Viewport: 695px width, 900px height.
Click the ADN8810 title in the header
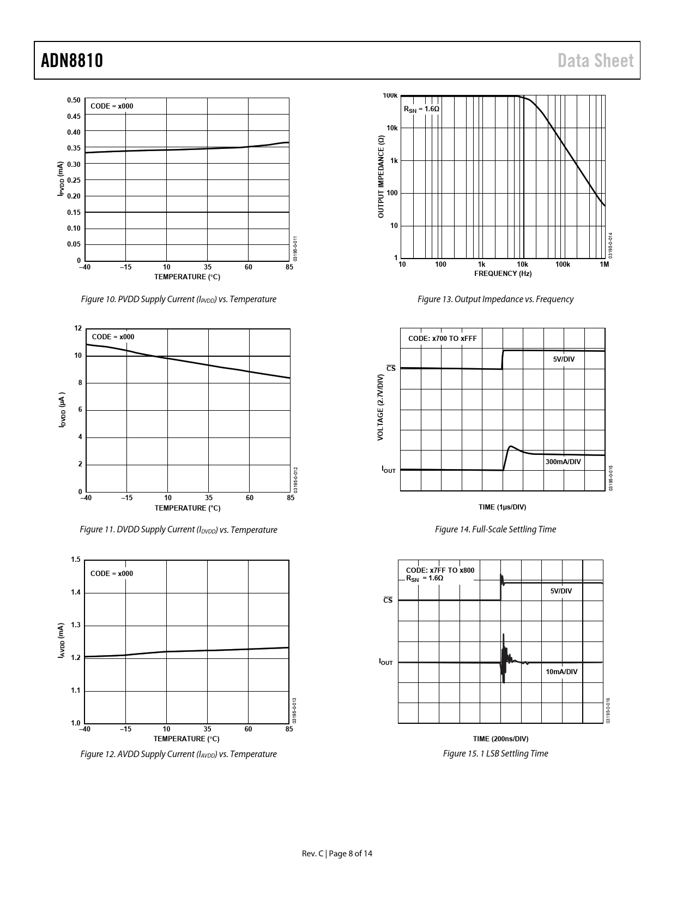pyautogui.click(x=72, y=61)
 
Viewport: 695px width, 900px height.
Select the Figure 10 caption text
pyautogui.click(x=178, y=299)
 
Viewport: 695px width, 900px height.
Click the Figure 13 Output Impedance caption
pyautogui.click(x=495, y=299)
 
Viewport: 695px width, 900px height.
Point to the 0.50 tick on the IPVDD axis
pyautogui.click(x=74, y=100)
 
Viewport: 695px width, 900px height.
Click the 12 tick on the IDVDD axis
pyautogui.click(x=78, y=328)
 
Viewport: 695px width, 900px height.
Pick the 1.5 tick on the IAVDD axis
pyautogui.click(x=76, y=560)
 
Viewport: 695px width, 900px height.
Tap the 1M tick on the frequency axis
pyautogui.click(x=604, y=265)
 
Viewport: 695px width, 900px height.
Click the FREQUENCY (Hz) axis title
pyautogui.click(x=503, y=273)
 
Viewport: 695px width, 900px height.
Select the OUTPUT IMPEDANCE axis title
pyautogui.click(x=381, y=177)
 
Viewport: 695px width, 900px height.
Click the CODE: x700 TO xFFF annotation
pyautogui.click(x=442, y=338)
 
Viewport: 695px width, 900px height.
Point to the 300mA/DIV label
pyautogui.click(x=563, y=461)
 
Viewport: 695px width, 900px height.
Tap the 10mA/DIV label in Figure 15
pyautogui.click(x=561, y=671)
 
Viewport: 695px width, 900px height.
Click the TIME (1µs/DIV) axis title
pyautogui.click(x=502, y=507)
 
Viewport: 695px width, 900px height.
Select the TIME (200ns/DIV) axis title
pyautogui.click(x=500, y=739)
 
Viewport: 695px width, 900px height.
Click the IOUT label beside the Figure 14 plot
pyautogui.click(x=388, y=469)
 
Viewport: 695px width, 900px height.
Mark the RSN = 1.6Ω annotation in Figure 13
pyautogui.click(x=421, y=109)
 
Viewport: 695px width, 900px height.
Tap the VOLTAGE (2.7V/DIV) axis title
pyautogui.click(x=380, y=407)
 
